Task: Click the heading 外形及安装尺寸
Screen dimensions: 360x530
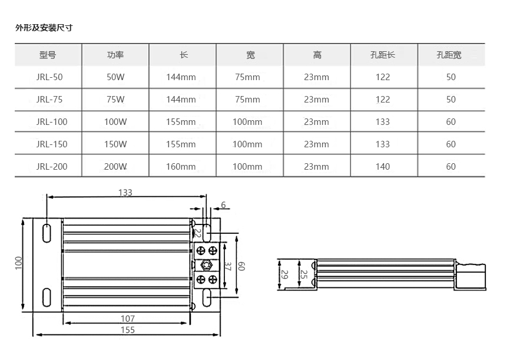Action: pos(44,28)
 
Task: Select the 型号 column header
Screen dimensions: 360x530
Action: pos(48,55)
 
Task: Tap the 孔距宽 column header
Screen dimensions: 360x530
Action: pos(450,55)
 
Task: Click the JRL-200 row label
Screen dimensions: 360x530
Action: pos(52,167)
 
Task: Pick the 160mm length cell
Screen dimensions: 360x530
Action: pos(181,167)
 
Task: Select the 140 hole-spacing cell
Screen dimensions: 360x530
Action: pos(383,167)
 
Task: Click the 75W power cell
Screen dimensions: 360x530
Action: pos(115,100)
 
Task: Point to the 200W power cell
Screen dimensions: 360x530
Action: pos(115,167)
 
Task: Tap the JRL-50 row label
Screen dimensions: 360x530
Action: pos(49,77)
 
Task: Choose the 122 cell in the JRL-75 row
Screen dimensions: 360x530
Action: pos(383,100)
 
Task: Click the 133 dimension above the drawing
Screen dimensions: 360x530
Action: pos(125,192)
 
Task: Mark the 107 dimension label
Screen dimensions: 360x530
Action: pos(127,319)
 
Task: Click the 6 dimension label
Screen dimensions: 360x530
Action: pos(223,205)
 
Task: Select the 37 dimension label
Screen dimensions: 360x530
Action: pos(227,266)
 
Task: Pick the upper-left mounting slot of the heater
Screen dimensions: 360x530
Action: pos(46,232)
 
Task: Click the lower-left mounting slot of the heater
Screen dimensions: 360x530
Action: pos(46,298)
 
